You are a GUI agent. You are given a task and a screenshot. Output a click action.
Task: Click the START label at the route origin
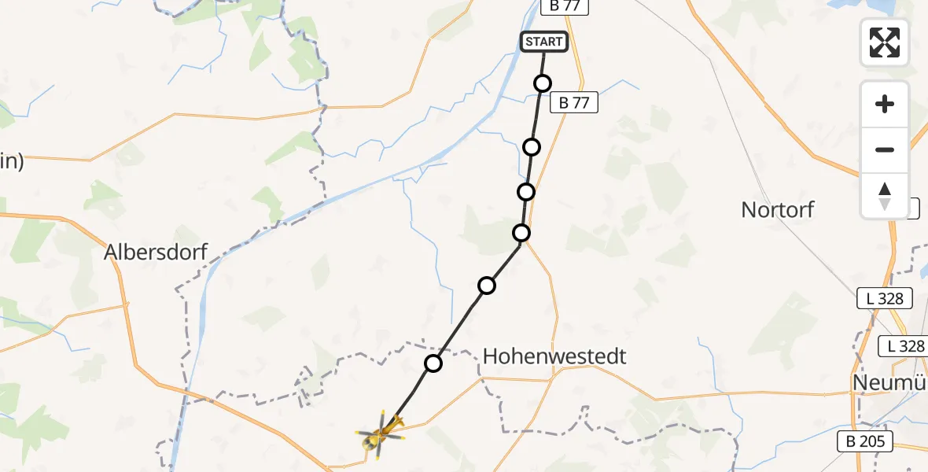[x=543, y=42]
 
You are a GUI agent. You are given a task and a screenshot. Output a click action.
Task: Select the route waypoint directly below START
[x=543, y=83]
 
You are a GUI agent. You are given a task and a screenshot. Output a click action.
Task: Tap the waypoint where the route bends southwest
[x=521, y=232]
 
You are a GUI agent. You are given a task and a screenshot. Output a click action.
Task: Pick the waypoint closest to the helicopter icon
[x=433, y=363]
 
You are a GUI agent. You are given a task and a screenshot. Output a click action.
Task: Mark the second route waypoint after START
[x=532, y=147]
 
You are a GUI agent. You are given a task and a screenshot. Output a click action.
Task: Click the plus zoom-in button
[x=885, y=105]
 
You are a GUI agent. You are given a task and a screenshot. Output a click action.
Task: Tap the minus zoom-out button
[x=885, y=149]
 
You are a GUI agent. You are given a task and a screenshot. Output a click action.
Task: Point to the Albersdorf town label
[x=156, y=253]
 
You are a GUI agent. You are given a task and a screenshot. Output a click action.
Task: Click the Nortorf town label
[x=777, y=210]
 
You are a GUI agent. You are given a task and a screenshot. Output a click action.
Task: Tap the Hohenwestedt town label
[x=554, y=356]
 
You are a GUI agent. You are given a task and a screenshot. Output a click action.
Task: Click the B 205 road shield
[x=865, y=441]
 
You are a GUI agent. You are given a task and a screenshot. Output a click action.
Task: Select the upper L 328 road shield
[x=885, y=299]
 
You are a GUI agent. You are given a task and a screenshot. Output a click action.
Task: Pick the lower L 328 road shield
[x=903, y=345]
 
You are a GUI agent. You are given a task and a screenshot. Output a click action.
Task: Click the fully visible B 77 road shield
[x=574, y=102]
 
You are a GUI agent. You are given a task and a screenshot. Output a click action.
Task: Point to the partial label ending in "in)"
[x=11, y=162]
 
